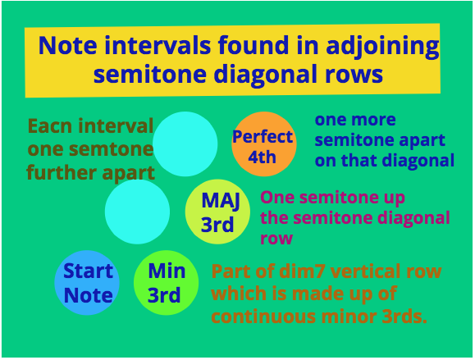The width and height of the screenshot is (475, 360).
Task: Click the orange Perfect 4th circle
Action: [x=264, y=144]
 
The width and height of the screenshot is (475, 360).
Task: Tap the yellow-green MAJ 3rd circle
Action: [x=217, y=212]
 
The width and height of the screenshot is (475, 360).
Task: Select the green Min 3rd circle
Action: [x=166, y=283]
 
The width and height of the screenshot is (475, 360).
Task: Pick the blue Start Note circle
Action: [x=87, y=283]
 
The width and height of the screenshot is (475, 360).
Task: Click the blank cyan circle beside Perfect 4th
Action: [x=185, y=144]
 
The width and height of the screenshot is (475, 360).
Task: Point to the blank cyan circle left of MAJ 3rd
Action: [x=137, y=212]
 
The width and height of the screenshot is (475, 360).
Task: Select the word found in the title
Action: [x=253, y=45]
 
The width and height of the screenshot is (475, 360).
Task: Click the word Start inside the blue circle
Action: [x=88, y=271]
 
